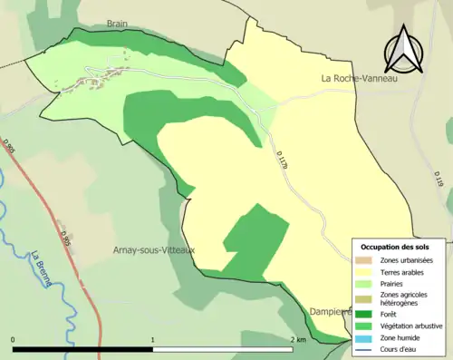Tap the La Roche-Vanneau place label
(360, 79)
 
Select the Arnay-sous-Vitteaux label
(154, 249)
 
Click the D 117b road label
(283, 160)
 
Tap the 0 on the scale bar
(14, 339)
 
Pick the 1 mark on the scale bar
(153, 339)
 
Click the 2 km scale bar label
(297, 339)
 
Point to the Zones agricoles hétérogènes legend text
(404, 298)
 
